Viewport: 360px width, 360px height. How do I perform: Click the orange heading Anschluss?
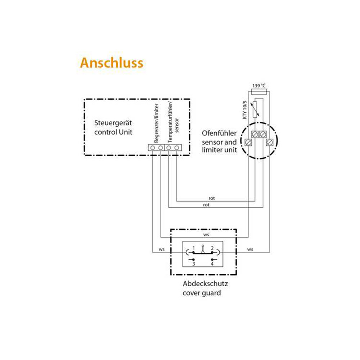click(x=111, y=63)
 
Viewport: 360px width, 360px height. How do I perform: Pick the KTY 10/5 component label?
click(x=244, y=110)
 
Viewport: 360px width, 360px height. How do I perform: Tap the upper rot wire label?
click(x=212, y=198)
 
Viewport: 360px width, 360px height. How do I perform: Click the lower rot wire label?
click(x=206, y=204)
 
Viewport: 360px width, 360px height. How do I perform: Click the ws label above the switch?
click(x=206, y=234)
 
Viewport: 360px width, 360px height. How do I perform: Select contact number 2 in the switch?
click(x=212, y=248)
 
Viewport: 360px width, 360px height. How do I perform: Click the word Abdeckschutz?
click(x=205, y=284)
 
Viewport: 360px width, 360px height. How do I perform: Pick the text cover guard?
click(x=202, y=293)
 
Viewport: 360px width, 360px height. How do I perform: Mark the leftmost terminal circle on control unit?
click(x=152, y=147)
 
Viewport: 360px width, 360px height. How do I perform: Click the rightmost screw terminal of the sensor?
click(x=270, y=142)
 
